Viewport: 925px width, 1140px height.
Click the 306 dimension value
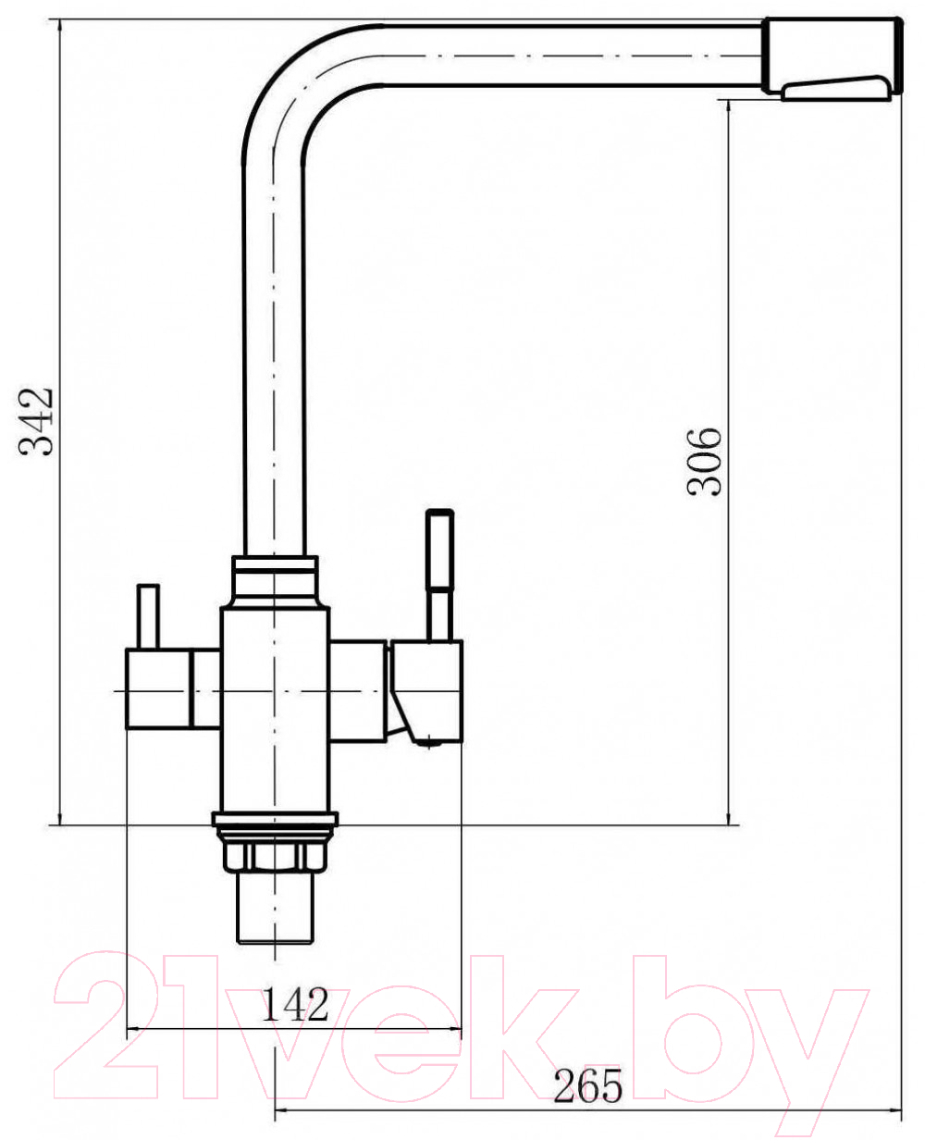[x=704, y=462]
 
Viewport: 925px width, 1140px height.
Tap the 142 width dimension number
[x=296, y=1004]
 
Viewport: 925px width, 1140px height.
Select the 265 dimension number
[x=588, y=1084]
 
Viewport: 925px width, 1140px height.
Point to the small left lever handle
[x=148, y=616]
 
